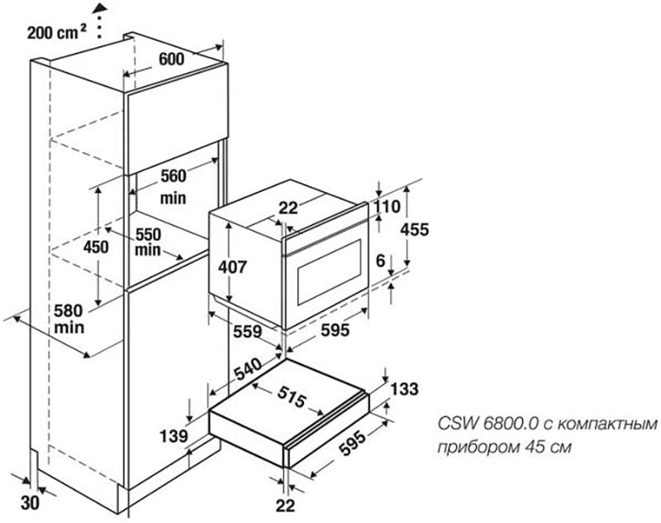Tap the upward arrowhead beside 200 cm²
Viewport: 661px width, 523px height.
100,7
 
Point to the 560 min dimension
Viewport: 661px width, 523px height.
174,186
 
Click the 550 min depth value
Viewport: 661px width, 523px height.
150,241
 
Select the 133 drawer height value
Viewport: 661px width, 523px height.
404,389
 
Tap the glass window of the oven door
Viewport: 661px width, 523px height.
328,273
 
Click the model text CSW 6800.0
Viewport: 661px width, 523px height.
487,424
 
